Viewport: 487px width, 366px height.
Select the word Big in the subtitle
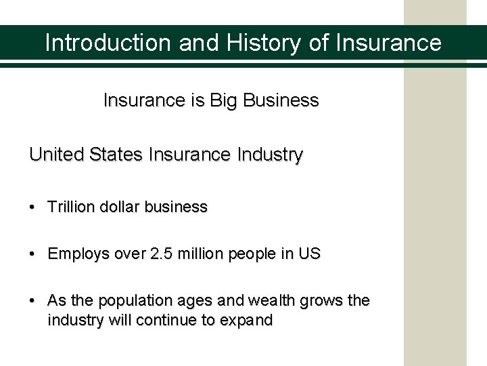click(221, 101)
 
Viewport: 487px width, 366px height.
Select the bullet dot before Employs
click(33, 255)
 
